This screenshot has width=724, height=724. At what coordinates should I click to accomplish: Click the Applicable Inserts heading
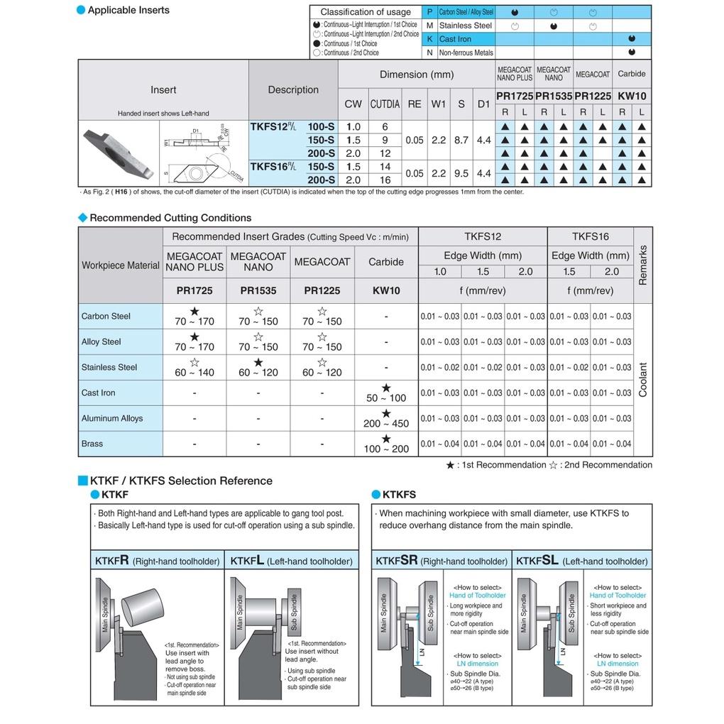point(128,10)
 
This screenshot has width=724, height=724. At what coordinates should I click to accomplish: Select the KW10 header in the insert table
point(632,96)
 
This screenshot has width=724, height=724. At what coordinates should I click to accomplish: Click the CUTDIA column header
point(385,104)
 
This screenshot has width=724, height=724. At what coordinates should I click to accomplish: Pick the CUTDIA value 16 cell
point(385,180)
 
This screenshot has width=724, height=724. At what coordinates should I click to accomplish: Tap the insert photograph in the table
point(119,152)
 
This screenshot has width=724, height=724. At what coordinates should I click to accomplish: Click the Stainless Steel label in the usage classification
point(465,26)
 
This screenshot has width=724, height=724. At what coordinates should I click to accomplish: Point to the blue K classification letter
point(430,39)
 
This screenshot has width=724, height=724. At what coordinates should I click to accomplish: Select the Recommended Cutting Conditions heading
point(170,218)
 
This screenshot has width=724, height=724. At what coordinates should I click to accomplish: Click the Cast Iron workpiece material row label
point(98,393)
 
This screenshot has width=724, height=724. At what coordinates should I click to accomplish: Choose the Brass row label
point(92,444)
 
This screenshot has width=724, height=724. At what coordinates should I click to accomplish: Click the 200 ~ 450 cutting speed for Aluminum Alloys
point(386,423)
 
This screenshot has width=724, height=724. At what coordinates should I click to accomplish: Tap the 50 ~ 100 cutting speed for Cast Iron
point(386,397)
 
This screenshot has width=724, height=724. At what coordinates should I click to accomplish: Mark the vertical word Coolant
point(643,380)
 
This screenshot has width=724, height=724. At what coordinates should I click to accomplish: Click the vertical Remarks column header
point(643,265)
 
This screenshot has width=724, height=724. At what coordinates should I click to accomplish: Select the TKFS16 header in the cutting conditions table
point(590,237)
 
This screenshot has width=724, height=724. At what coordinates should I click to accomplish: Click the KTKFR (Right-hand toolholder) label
point(158,561)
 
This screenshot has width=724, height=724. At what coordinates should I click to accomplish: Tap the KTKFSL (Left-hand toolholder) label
point(581,561)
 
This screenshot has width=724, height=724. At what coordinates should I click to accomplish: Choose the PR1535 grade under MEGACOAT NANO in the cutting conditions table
point(258,290)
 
